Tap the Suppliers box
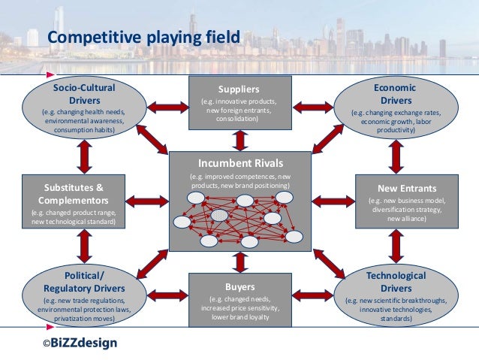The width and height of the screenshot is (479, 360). (240, 101)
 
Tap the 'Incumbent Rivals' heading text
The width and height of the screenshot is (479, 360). (240, 163)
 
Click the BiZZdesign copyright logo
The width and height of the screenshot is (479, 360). (80, 343)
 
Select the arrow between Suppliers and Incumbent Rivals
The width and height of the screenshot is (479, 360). (240, 140)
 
